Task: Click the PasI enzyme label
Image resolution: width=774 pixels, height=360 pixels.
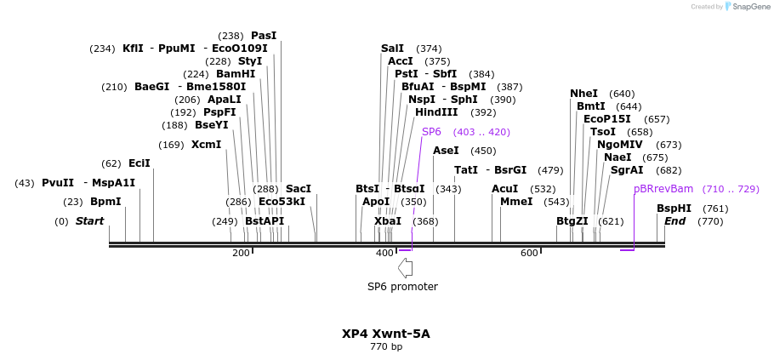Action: pos(264,36)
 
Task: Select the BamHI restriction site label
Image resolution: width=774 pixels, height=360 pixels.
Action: pos(236,74)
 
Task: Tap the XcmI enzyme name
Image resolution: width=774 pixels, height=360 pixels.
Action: pos(206,145)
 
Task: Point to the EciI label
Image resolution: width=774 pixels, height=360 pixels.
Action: pos(139,163)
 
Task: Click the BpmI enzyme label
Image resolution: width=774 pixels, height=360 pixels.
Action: pos(105,202)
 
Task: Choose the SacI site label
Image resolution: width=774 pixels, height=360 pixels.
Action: pos(298,189)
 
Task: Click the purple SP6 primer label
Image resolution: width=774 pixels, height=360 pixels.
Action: pos(431,132)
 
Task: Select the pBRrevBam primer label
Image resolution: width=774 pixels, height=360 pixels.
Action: pos(663,189)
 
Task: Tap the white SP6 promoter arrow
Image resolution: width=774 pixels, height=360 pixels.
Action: pos(406,267)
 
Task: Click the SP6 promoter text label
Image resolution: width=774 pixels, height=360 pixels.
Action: pos(402,287)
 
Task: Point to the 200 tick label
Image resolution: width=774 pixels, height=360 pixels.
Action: pos(241,253)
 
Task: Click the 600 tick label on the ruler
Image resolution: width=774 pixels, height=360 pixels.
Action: pos(529,253)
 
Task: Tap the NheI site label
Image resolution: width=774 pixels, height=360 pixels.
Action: pos(583,94)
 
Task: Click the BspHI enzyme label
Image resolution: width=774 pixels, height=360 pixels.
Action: pos(674,209)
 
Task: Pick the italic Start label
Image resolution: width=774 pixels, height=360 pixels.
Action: pos(89,221)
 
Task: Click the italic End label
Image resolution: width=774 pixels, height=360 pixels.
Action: pos(674,221)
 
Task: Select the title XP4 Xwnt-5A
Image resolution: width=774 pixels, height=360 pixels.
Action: pos(386,334)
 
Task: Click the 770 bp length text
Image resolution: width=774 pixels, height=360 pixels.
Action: pos(386,347)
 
